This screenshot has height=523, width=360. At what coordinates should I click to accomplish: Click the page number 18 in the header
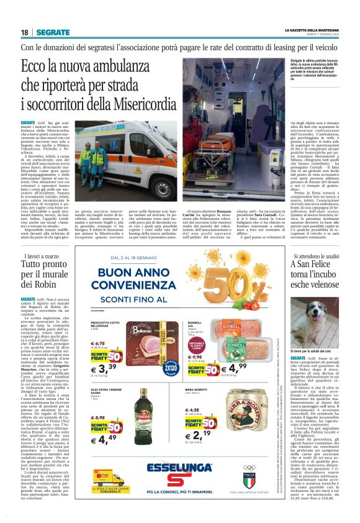pos(25,32)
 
